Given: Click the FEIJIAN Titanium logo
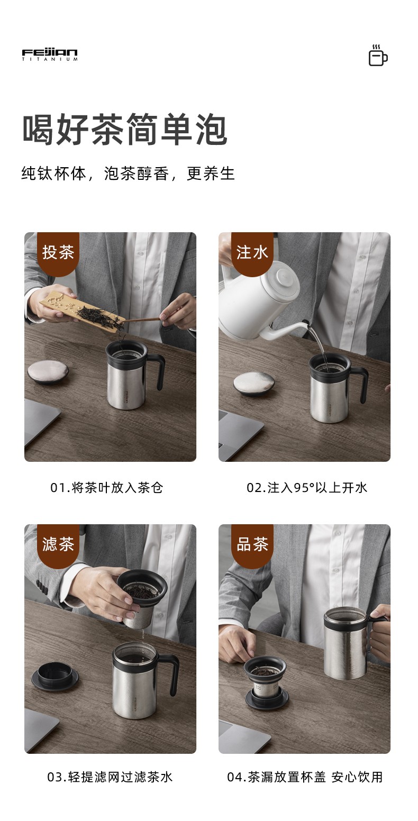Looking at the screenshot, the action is [x=50, y=54].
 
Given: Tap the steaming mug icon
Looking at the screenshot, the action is [x=378, y=56].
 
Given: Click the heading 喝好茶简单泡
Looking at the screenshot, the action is [x=125, y=130].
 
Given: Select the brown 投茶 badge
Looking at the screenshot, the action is [x=58, y=253].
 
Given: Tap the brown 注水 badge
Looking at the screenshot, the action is [x=252, y=253].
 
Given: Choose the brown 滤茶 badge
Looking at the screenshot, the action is [x=58, y=545].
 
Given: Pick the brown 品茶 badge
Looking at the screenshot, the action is [x=252, y=545].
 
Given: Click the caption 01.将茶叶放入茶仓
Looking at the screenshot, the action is [x=107, y=488].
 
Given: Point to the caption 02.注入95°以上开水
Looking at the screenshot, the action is [x=307, y=488].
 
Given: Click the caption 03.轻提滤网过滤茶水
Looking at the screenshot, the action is [x=110, y=777].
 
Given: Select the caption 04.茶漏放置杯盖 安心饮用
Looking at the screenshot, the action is [x=305, y=777].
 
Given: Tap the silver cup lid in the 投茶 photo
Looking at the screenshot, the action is [x=48, y=372].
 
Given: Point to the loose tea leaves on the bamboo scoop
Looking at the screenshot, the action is [x=99, y=316].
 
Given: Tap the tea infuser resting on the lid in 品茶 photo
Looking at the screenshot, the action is [x=266, y=680].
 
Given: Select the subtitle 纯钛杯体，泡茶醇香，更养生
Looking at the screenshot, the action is [x=128, y=174].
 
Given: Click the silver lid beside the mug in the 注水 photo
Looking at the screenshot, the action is [x=254, y=384].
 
